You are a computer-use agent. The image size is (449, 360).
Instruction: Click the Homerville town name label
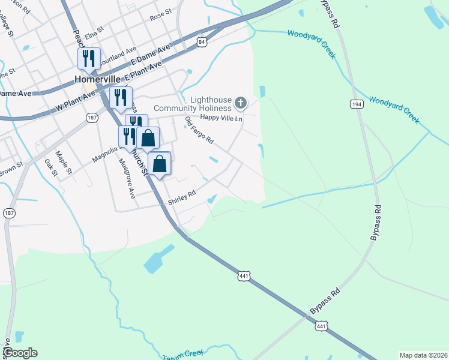click(98, 79)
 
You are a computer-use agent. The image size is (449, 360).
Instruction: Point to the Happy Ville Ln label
click(221, 118)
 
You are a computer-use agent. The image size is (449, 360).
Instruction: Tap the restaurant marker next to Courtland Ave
click(89, 59)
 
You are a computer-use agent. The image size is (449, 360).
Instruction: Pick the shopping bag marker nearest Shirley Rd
click(160, 164)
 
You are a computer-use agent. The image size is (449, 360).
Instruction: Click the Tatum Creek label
click(184, 355)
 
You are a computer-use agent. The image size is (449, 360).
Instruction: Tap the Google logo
click(19, 353)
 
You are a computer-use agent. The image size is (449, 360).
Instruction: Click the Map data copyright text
click(423, 355)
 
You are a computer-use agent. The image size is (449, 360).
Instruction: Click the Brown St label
click(10, 166)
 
